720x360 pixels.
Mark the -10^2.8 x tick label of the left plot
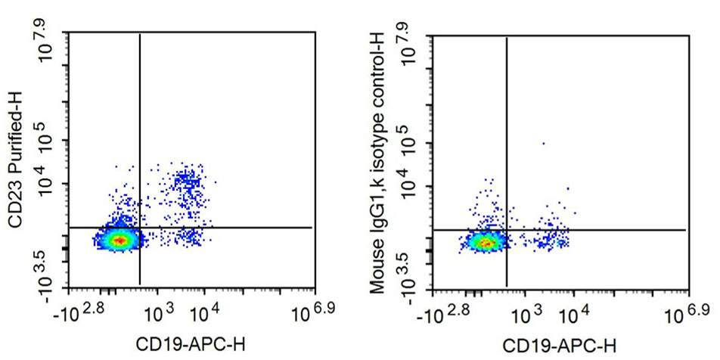tap(88, 310)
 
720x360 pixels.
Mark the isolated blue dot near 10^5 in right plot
tap(542, 143)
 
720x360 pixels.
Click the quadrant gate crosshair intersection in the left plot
tap(140, 227)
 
